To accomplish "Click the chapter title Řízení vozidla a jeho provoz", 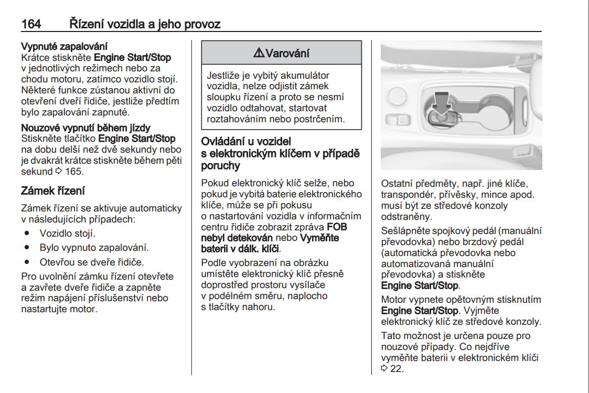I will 145,24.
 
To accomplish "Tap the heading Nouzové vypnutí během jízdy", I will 85,128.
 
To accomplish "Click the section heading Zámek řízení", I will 52,190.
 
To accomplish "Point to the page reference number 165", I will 75,172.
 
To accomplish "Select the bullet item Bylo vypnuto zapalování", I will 94,248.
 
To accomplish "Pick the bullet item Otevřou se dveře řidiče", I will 91,262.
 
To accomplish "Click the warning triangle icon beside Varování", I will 259,53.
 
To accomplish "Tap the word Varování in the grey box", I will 287,53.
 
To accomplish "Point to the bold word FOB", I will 337,227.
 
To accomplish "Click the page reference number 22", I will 397,369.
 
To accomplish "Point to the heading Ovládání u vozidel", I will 246,141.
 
